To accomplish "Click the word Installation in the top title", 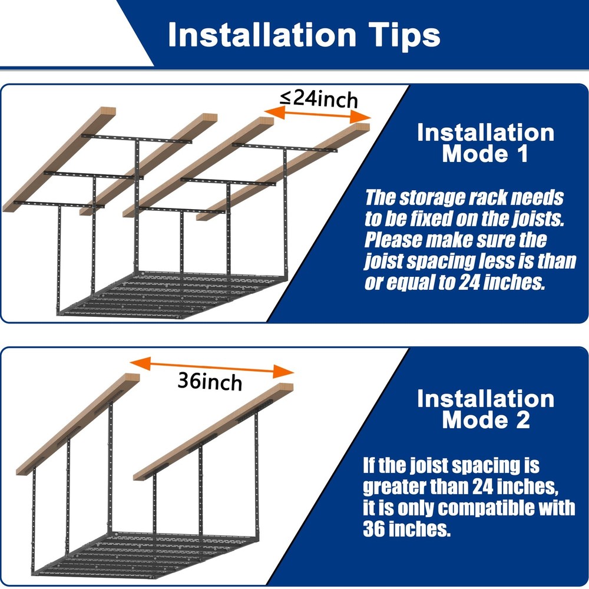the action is tap(262, 35).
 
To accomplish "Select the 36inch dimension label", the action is tap(210, 382).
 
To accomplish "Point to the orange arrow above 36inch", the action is tap(211, 366).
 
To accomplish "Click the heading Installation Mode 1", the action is tap(485, 143).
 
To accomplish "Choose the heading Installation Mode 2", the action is tap(485, 409).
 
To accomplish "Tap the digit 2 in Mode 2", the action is tap(523, 419).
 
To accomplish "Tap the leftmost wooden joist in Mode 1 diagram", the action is tap(59, 160).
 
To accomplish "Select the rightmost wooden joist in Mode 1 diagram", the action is tap(283, 171).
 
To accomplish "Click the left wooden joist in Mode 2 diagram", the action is tap(78, 424).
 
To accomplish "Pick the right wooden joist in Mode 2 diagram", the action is tap(213, 432).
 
